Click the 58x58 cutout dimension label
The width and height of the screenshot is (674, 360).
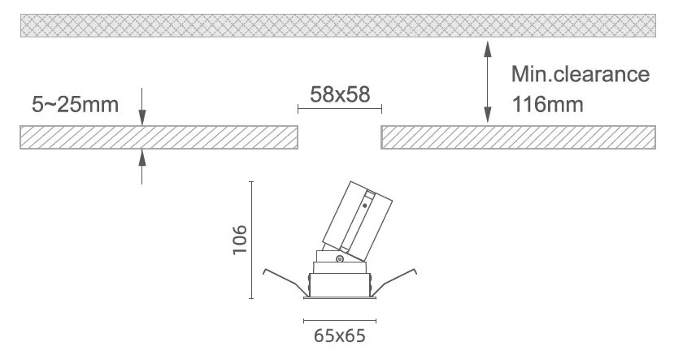click(x=340, y=94)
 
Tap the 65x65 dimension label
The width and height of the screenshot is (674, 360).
click(x=340, y=336)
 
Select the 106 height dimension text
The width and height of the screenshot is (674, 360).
click(x=240, y=240)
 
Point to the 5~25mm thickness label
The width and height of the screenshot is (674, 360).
click(x=76, y=104)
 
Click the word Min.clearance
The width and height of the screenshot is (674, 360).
click(x=581, y=74)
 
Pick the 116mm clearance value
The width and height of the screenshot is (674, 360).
click(x=548, y=104)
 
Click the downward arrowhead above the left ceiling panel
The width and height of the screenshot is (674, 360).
click(x=142, y=118)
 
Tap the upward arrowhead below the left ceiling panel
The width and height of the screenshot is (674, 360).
click(x=142, y=157)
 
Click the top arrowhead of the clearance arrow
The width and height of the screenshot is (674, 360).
click(x=488, y=50)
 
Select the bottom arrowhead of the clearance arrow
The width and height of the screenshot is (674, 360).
click(x=488, y=115)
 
